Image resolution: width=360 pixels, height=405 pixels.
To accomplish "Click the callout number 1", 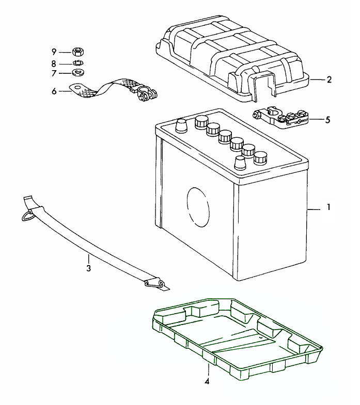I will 328,209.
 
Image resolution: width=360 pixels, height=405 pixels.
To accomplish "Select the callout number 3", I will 88,268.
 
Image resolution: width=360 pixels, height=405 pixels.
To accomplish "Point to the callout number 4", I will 208,382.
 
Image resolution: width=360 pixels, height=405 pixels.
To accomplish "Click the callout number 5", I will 327,120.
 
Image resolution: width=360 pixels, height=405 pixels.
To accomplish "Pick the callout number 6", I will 54,91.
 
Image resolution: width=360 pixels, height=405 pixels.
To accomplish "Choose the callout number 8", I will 54,63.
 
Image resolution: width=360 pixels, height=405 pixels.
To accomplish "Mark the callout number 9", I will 54,52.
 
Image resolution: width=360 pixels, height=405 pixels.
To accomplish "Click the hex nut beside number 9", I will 78,52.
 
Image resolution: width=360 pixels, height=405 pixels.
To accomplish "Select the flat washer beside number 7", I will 79,72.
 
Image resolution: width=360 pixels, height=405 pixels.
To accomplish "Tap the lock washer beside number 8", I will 78,63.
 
